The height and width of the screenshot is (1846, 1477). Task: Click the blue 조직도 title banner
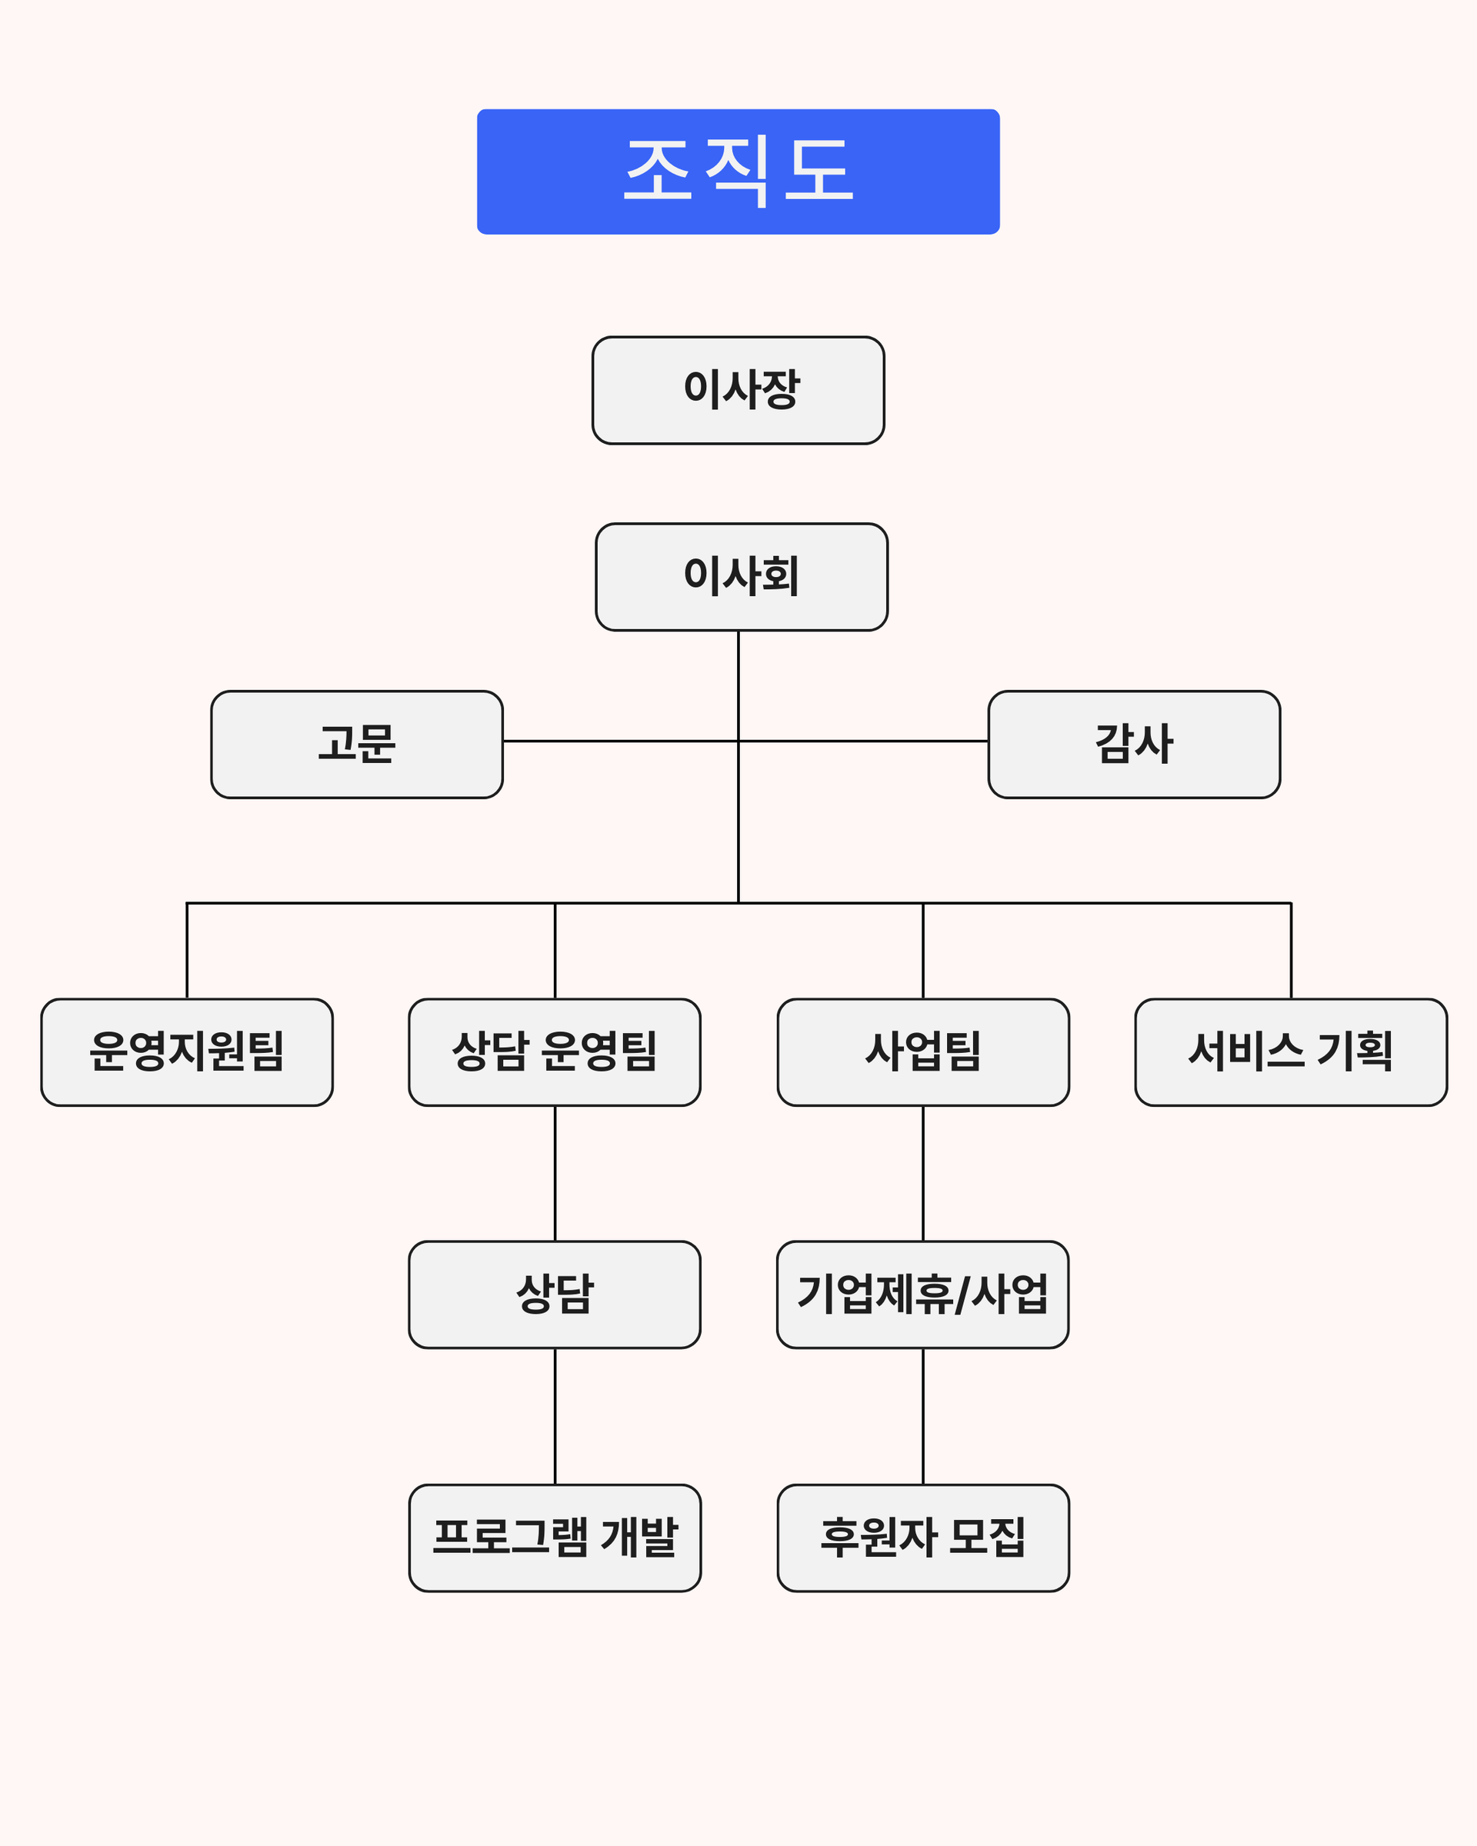click(738, 172)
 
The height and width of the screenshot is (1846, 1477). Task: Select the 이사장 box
click(738, 391)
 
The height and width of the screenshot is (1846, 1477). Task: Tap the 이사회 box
click(742, 577)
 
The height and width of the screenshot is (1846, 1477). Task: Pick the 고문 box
click(357, 744)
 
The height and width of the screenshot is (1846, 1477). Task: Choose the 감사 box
click(1134, 744)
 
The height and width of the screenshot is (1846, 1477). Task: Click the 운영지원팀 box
click(187, 1052)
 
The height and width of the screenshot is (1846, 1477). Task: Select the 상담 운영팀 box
click(555, 1052)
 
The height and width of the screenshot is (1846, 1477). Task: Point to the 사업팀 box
click(923, 1052)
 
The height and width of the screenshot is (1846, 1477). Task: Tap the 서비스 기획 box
click(1290, 1052)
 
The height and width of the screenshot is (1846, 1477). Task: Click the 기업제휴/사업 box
click(922, 1295)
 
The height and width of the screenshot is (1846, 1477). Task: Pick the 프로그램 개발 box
click(555, 1538)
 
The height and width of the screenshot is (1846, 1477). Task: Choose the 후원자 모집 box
click(923, 1538)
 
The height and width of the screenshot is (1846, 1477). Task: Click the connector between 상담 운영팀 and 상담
click(555, 1173)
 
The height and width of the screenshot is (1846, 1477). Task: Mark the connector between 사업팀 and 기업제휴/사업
click(923, 1173)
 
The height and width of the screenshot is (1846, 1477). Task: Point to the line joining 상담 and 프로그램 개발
click(555, 1416)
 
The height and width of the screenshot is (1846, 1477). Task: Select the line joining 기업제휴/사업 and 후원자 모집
click(923, 1416)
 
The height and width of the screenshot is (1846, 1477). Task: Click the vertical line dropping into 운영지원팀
click(187, 951)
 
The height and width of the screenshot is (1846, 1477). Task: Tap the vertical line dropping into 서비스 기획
click(1291, 951)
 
